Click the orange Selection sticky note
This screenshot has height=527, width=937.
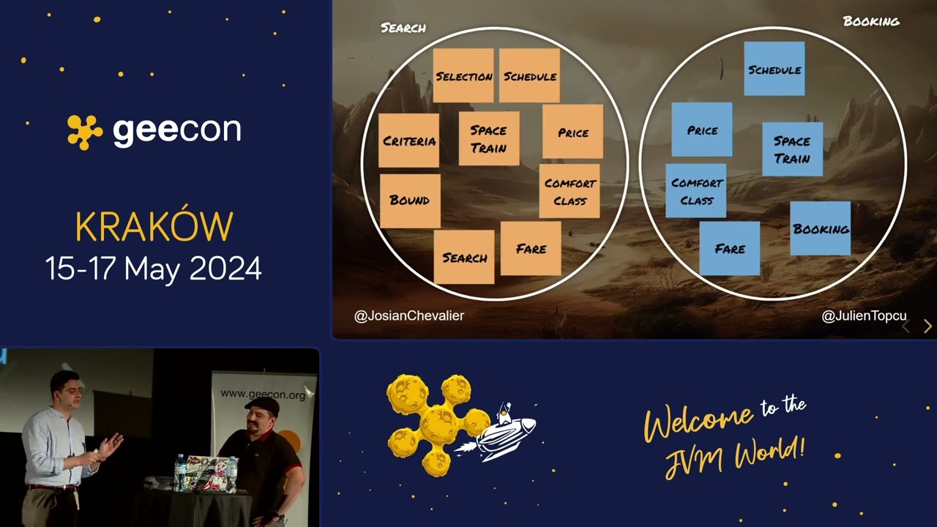463,75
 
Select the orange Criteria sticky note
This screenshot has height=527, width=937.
409,141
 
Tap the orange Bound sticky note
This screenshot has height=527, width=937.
410,201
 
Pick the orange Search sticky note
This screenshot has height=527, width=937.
464,257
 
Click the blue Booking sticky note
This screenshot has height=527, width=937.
820,228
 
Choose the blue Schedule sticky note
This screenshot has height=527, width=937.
774,69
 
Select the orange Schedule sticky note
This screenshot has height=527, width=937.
529,75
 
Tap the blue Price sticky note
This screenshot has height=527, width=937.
701,130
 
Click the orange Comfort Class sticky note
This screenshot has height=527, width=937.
570,191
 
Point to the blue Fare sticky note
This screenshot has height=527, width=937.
729,249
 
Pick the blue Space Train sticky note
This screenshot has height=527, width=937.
792,149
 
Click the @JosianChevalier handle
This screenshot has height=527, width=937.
409,315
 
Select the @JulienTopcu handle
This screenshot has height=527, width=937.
864,315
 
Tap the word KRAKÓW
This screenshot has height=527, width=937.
154,228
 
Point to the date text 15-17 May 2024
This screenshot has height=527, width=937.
154,269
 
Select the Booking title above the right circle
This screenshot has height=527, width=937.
871,21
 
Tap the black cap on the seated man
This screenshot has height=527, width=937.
261,405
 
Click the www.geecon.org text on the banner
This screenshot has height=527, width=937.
263,395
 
